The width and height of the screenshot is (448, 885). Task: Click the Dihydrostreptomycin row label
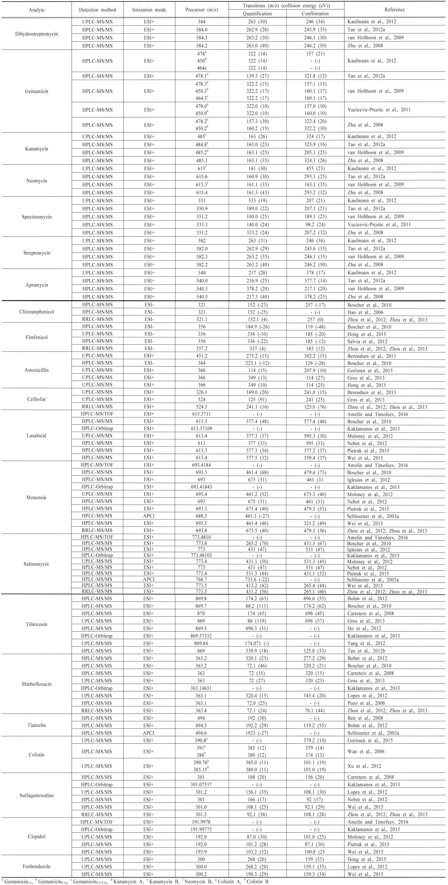pos(36,34)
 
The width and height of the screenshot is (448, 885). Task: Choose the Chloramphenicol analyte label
pos(36,312)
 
